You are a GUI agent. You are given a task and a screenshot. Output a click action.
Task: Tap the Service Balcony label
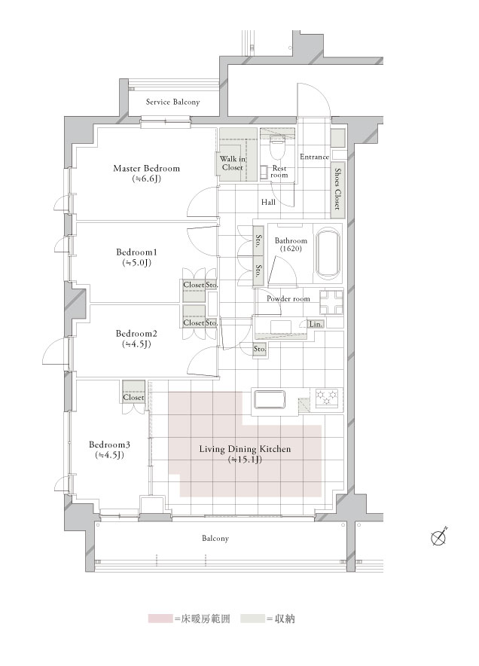[x=172, y=102]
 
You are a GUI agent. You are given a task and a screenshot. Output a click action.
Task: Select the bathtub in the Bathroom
[x=327, y=254]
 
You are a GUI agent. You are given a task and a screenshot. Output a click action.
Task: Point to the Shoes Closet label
[x=337, y=188]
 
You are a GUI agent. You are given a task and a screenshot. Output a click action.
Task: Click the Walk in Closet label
[x=233, y=163]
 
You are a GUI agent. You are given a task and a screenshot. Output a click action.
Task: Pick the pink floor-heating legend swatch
[x=160, y=619]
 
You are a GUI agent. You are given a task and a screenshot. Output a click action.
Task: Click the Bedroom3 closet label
[x=133, y=397]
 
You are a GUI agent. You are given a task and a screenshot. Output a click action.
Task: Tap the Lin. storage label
[x=316, y=325]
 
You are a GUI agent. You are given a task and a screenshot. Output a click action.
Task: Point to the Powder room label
[x=288, y=298]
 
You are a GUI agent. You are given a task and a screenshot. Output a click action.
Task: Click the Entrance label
[x=314, y=157]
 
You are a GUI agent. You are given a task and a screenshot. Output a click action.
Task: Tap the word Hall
[x=268, y=202]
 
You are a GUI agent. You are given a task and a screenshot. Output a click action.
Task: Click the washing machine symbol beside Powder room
[x=331, y=301]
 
